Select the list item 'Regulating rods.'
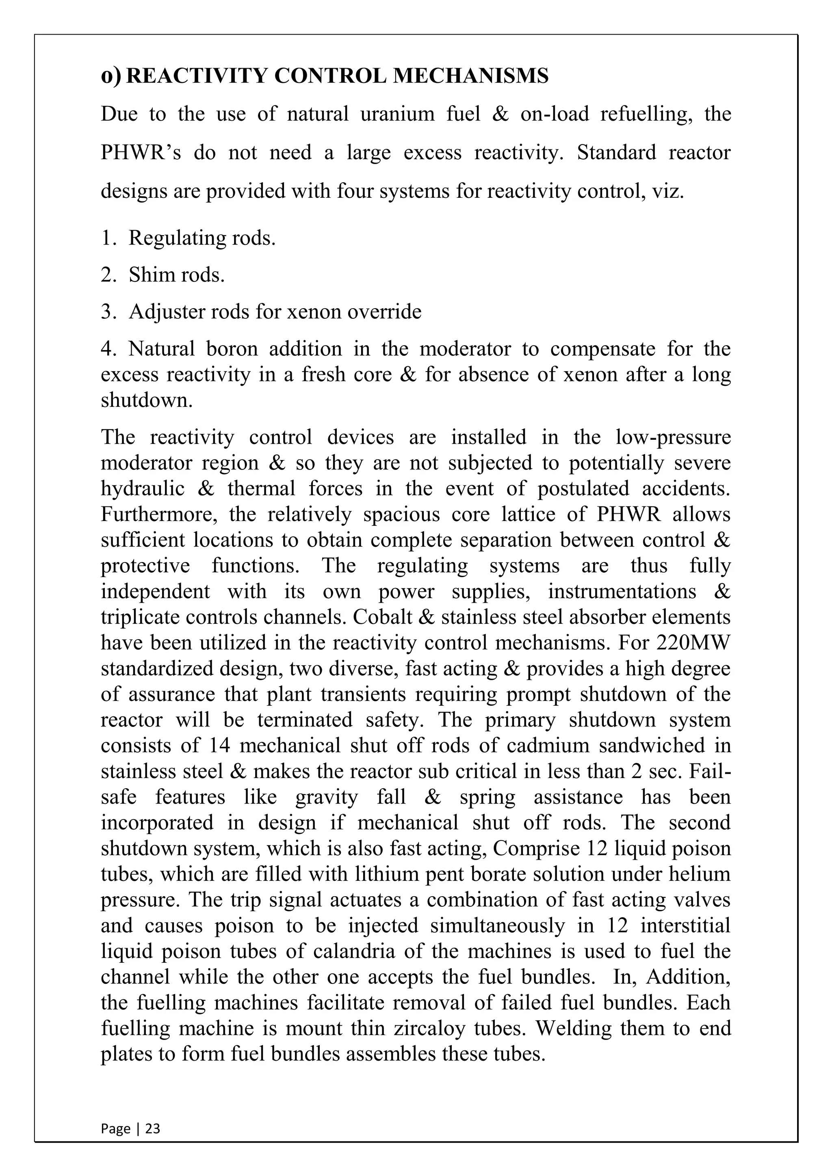pyautogui.click(x=202, y=238)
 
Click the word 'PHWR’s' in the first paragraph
pyautogui.click(x=141, y=153)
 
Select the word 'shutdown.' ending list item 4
pyautogui.click(x=147, y=400)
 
